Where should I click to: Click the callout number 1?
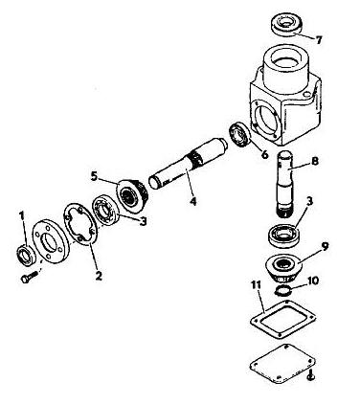click(22, 216)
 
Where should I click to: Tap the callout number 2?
click(99, 275)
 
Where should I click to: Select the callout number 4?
click(192, 201)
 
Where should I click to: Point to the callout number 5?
click(94, 176)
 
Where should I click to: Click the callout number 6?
click(264, 155)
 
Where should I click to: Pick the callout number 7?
click(319, 40)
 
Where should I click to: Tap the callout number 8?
click(314, 161)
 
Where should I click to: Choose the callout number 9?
click(325, 247)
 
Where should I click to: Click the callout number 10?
click(313, 281)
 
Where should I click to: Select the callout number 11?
click(257, 285)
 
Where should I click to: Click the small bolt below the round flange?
click(30, 277)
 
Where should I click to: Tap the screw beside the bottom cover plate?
click(311, 375)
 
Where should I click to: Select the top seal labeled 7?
click(286, 24)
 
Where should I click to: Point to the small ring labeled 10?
click(281, 290)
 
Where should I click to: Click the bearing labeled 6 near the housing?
click(240, 135)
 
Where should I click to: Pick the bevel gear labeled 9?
click(282, 268)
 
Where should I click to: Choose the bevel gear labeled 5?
click(132, 195)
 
